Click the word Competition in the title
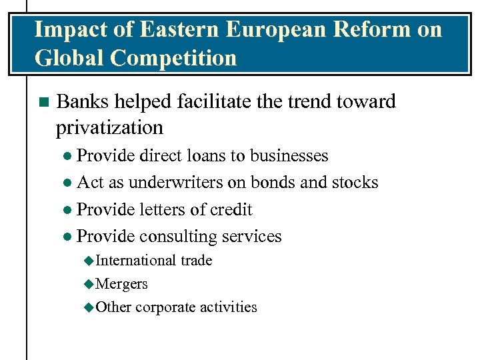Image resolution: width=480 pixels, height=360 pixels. click(x=173, y=59)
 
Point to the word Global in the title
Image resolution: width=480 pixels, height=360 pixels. click(x=69, y=59)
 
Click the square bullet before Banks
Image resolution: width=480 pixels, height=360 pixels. click(x=43, y=102)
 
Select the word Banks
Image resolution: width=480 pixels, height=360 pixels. click(x=83, y=101)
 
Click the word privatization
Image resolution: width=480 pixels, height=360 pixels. click(x=109, y=127)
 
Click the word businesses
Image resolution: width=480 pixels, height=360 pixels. click(x=289, y=155)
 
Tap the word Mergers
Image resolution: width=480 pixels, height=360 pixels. click(x=122, y=284)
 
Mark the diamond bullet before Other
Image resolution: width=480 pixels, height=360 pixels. click(x=89, y=307)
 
